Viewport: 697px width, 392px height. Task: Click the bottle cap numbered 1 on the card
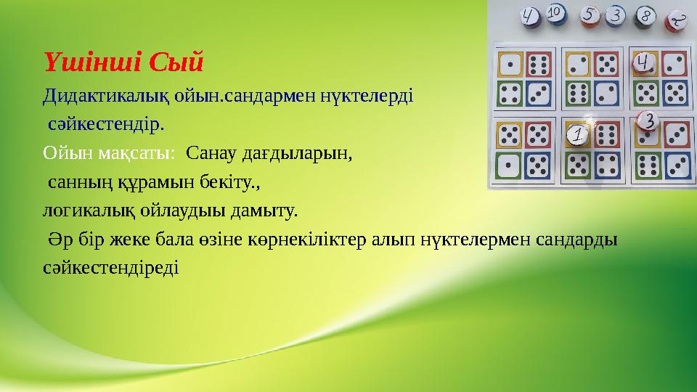pyautogui.click(x=577, y=134)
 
